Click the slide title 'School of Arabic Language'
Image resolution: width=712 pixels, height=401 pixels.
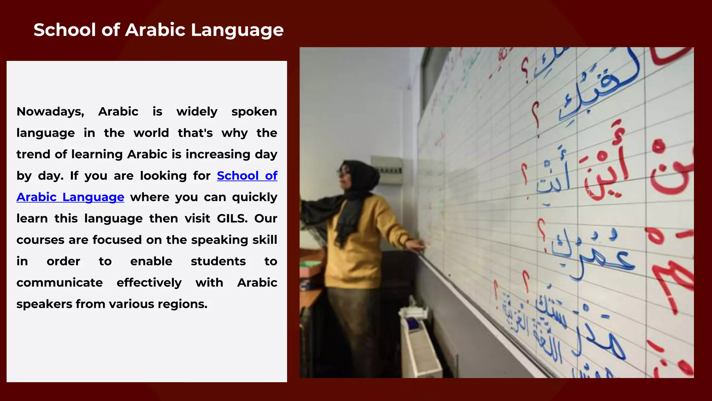(159, 30)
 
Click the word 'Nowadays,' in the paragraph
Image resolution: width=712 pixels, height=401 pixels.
(50, 112)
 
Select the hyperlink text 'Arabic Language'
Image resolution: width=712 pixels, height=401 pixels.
(70, 197)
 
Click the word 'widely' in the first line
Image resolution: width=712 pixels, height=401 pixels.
(197, 112)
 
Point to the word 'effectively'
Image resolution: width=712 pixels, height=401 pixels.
(149, 283)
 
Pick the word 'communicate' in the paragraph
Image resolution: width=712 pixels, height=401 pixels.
(59, 283)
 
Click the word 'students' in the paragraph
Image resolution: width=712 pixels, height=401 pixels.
(218, 261)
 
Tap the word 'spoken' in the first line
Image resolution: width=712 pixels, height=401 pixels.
(254, 112)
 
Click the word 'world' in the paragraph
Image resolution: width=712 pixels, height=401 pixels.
(151, 133)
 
